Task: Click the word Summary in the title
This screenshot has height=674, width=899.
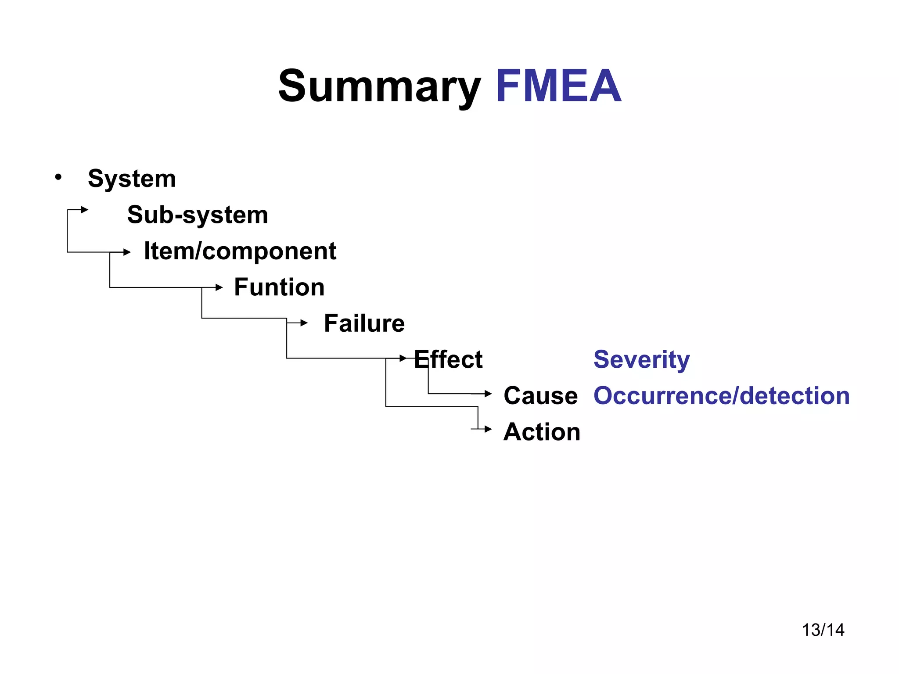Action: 380,87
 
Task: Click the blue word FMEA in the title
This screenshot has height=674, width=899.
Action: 558,86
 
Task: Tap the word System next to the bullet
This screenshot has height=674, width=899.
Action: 132,179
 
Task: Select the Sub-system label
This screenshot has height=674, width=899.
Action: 198,215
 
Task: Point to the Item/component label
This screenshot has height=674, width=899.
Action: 240,251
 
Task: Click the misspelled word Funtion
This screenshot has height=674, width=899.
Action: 279,287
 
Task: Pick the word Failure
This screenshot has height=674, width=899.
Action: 364,323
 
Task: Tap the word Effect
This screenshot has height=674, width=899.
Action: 448,359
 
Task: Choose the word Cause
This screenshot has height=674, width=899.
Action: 540,396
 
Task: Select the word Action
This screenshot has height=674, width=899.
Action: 542,432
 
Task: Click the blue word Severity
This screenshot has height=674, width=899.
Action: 641,359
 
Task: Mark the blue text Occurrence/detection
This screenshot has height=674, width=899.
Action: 721,396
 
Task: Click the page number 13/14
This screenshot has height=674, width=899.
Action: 823,630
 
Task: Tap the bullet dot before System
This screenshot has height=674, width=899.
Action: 58,177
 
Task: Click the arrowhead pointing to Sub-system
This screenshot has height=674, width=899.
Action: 85,210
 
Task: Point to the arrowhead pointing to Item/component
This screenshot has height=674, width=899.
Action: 127,252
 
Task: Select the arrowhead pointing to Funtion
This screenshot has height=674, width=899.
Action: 219,287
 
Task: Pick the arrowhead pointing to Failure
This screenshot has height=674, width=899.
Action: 304,323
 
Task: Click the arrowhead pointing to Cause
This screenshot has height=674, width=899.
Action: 488,394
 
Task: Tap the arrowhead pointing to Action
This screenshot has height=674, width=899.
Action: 488,429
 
